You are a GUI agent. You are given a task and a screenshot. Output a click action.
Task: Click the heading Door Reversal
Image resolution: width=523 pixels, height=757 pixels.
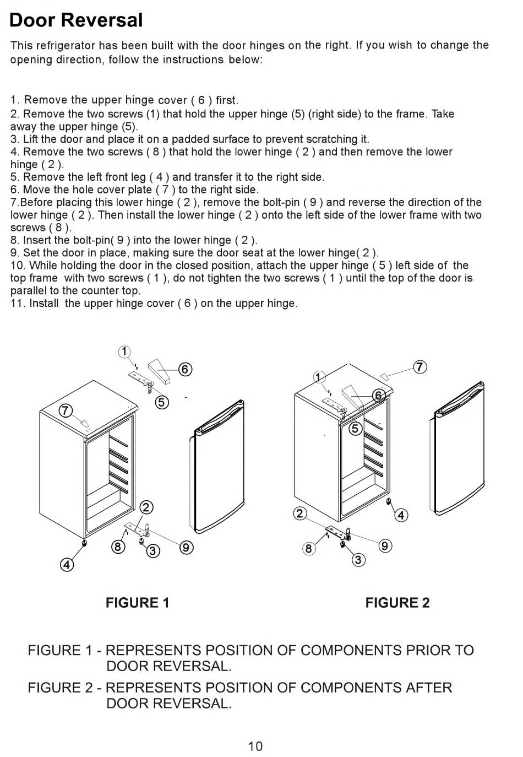coord(76,20)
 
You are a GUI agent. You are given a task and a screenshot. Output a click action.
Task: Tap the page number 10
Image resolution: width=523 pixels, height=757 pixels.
coord(255,746)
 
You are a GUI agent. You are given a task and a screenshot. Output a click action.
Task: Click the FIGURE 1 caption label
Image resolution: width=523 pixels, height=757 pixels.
coord(137,603)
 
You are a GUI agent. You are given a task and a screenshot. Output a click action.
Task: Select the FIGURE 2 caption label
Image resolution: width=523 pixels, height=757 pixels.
coord(397,603)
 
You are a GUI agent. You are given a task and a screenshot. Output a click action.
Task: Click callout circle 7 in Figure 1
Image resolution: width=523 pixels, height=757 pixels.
coord(66,410)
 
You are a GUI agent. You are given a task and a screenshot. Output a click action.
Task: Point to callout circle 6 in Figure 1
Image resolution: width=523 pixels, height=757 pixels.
coord(186,369)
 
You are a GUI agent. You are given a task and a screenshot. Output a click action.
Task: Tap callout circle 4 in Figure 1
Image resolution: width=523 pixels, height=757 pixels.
coord(67,565)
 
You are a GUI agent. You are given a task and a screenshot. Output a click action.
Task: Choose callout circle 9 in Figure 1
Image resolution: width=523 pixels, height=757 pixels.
coord(186,547)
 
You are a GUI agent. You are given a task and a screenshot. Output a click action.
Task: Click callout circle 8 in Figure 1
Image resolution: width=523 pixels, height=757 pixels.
coord(118,547)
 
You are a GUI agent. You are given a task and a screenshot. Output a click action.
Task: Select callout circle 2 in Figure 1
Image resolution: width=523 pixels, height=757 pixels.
coord(146,507)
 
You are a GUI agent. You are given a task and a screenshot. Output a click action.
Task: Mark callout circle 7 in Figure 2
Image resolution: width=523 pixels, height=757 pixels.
coord(420,367)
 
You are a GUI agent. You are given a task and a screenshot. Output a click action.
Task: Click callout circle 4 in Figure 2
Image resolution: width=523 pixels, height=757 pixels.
coord(401,516)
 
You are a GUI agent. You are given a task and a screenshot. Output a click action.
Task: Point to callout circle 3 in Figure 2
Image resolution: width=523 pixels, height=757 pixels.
coord(358,560)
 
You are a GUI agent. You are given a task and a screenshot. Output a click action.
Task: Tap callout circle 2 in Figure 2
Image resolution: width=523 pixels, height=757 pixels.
coord(300,513)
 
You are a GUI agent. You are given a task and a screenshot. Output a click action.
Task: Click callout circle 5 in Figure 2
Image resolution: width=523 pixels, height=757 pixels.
coord(355,429)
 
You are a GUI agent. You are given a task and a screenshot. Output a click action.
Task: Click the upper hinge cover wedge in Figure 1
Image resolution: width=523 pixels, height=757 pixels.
coord(160,369)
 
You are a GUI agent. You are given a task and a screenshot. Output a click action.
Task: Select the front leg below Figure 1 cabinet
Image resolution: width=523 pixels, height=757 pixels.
coord(84,543)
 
